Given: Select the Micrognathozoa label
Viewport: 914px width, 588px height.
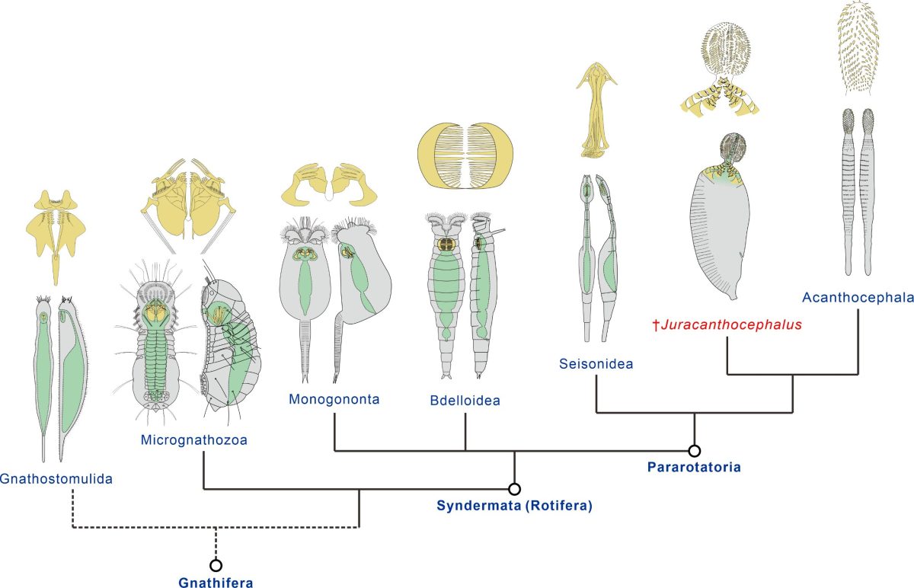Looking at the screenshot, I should pos(194,439).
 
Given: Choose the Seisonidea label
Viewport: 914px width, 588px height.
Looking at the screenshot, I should pos(596,365).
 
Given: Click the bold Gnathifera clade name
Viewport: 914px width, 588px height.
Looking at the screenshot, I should pos(216,583).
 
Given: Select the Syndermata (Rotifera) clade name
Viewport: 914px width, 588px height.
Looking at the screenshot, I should pos(514,505).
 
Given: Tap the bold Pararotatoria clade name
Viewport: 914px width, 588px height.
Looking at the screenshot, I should pos(693,466).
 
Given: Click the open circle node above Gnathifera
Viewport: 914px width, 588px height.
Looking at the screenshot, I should pos(216,564).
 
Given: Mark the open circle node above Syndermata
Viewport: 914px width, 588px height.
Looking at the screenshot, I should pos(514,488).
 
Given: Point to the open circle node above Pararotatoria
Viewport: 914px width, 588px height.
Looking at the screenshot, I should pos(694,450).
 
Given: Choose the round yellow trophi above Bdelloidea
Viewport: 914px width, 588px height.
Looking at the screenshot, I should pos(465,153).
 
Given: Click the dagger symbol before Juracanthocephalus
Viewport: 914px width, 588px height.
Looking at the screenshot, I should pos(657,325).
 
